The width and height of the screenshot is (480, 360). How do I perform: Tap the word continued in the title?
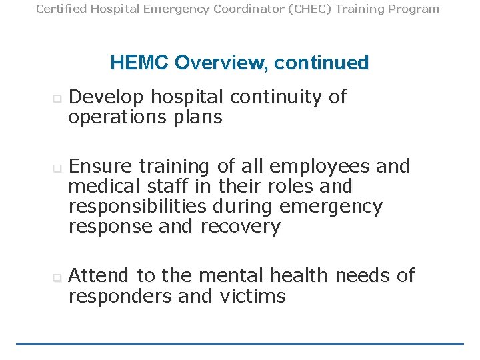pyautogui.click(x=321, y=63)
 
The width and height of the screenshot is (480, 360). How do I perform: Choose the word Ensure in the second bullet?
pyautogui.click(x=101, y=166)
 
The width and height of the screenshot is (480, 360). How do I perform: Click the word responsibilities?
pyautogui.click(x=137, y=207)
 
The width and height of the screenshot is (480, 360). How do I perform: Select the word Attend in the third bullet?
pyautogui.click(x=100, y=275)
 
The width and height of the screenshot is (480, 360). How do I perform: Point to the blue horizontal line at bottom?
pyautogui.click(x=240, y=344)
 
